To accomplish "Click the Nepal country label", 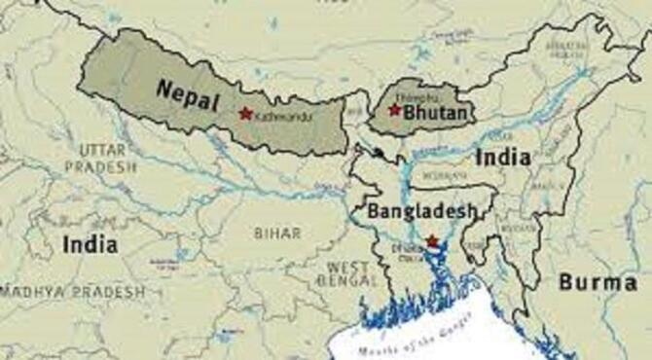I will pos(186,91).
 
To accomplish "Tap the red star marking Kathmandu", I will pos(245,113).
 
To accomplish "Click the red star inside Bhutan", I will pos(394,110).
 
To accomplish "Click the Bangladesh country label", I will pos(421,211).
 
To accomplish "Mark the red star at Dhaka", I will pos(432,240).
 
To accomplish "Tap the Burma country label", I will pos(598,282).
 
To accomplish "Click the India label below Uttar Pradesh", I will pos(90,244).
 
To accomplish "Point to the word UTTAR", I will pos(102,149).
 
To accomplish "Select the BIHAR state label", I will pos(276,234).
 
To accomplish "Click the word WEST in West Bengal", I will pos(346,267).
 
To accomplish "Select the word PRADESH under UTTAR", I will pos(101,166).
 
